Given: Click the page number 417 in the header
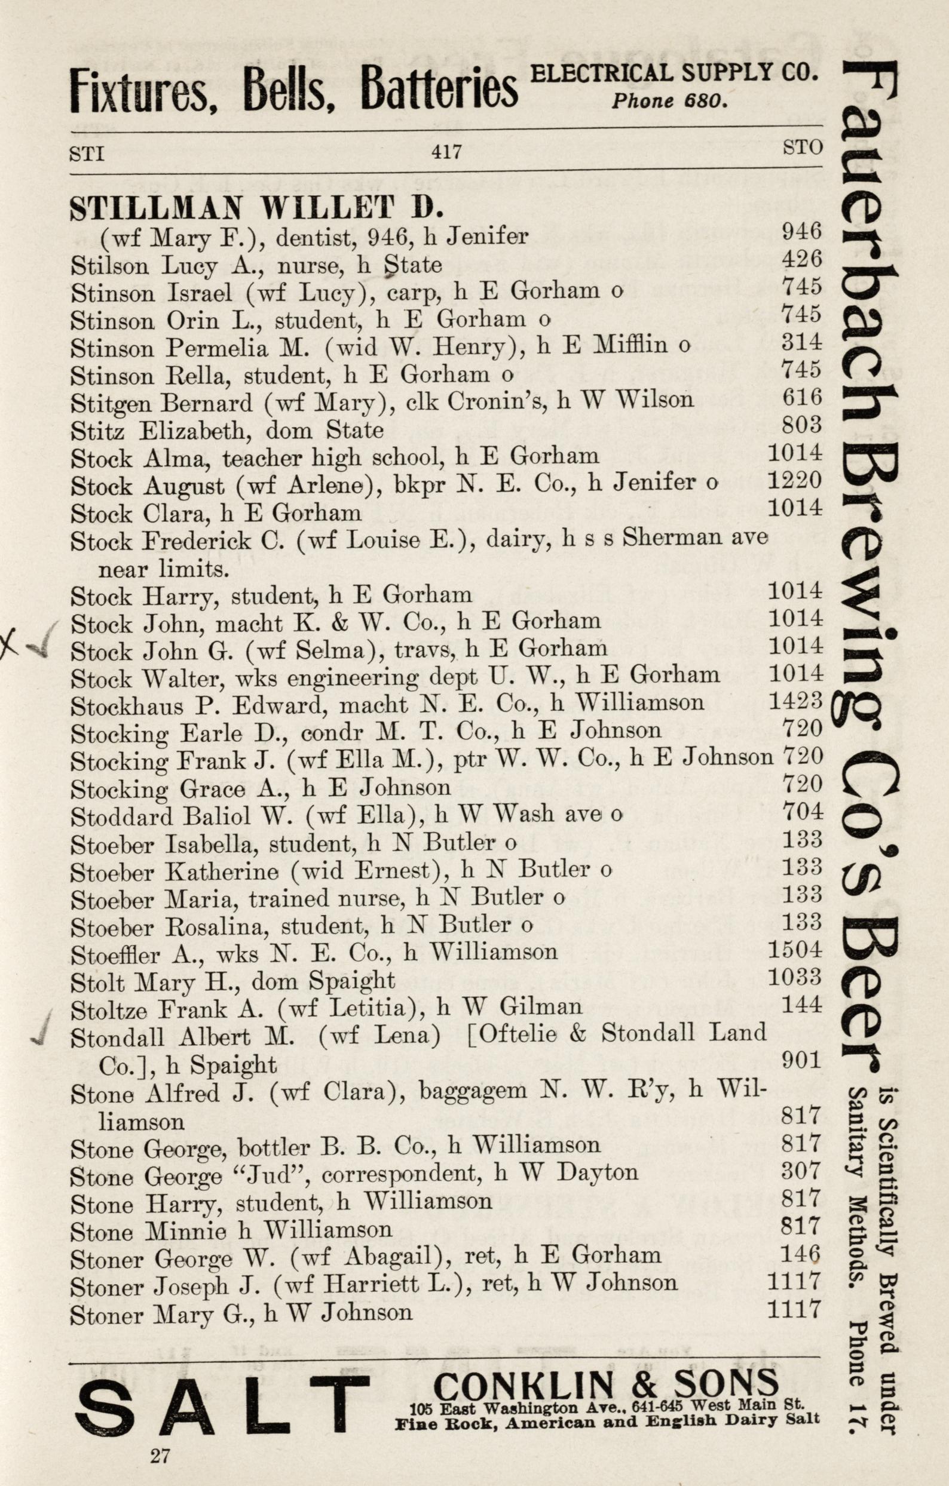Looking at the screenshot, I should [446, 151].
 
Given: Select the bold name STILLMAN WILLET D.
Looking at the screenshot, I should [256, 209].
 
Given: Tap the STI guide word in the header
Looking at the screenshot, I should [87, 152].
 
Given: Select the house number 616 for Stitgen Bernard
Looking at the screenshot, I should [801, 398].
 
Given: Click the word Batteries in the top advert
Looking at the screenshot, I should [439, 90].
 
